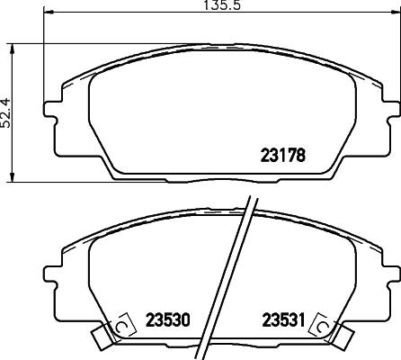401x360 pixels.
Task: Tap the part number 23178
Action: point(283,153)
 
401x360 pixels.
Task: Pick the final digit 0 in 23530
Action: point(189,319)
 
